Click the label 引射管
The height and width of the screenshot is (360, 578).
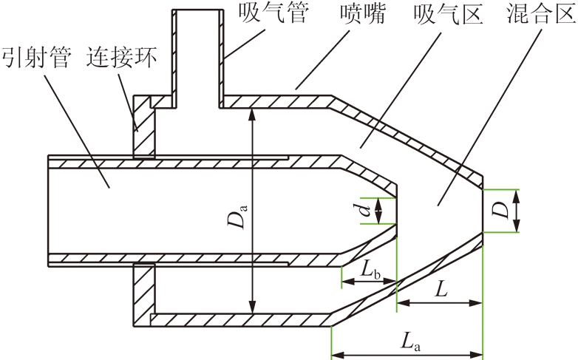(35, 57)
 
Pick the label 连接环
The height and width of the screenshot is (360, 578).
(122, 57)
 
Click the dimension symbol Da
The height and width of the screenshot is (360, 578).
(237, 217)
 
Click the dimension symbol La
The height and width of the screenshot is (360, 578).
(411, 341)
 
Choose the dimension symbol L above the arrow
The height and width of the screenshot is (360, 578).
(441, 289)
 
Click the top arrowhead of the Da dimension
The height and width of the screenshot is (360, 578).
(252, 114)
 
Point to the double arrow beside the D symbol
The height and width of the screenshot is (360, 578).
(517, 211)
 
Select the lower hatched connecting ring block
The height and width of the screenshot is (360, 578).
(144, 295)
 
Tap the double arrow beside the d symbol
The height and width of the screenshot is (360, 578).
(379, 211)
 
